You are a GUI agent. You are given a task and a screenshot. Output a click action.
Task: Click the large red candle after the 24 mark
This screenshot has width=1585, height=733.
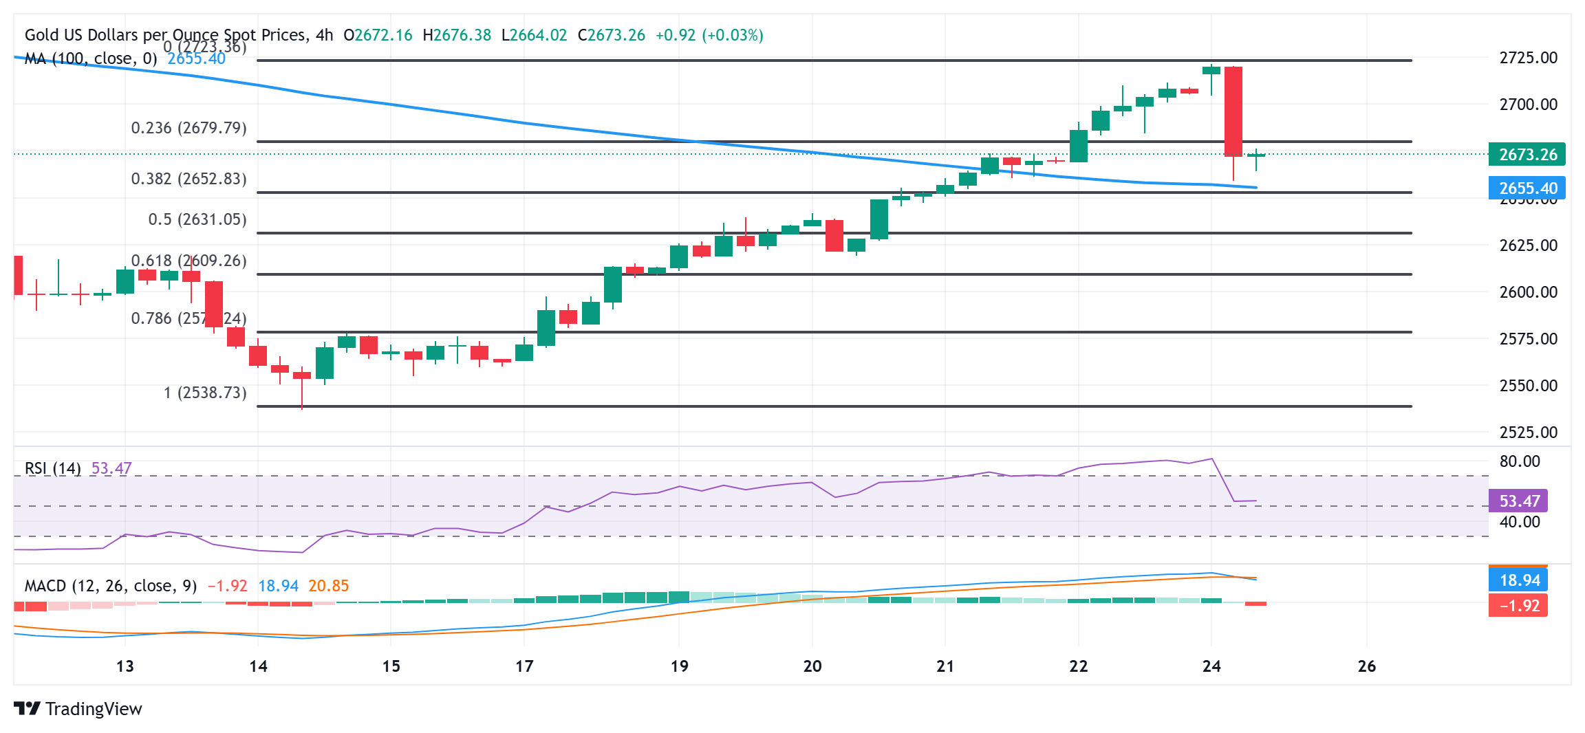pyautogui.click(x=1233, y=111)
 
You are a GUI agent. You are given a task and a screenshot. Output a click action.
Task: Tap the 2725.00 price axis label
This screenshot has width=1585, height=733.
pyautogui.click(x=1528, y=58)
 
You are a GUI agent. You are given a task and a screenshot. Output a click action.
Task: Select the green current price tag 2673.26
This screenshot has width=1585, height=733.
pyautogui.click(x=1527, y=154)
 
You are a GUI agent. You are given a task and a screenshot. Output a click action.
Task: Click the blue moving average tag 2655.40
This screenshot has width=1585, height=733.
pyautogui.click(x=1527, y=188)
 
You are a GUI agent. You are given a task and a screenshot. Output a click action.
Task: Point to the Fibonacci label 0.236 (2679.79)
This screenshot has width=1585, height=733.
pyautogui.click(x=188, y=128)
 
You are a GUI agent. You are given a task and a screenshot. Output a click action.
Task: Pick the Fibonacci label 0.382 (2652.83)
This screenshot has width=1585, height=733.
pyautogui.click(x=188, y=179)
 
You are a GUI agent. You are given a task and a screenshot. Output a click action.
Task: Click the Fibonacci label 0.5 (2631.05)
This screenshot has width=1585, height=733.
pyautogui.click(x=197, y=219)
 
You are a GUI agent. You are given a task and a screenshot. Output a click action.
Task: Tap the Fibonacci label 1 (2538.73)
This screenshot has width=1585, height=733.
pyautogui.click(x=204, y=393)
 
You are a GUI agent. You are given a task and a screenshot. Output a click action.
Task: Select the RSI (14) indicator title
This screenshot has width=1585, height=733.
pyautogui.click(x=52, y=468)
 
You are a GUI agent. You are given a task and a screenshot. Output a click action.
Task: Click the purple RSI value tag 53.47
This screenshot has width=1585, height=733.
pyautogui.click(x=1518, y=501)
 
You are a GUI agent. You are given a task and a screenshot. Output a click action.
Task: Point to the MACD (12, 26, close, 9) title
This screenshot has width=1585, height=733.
pyautogui.click(x=110, y=586)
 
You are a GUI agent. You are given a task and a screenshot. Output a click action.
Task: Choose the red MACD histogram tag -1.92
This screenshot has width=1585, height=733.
pyautogui.click(x=1518, y=606)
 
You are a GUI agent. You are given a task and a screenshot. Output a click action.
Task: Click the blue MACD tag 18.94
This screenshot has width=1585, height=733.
pyautogui.click(x=1518, y=580)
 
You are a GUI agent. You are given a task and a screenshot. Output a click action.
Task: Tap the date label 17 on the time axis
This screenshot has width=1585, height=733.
pyautogui.click(x=524, y=666)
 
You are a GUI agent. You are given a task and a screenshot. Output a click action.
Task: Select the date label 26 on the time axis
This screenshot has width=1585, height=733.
pyautogui.click(x=1367, y=666)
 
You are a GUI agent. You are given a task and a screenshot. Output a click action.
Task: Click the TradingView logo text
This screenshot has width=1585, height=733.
pyautogui.click(x=93, y=709)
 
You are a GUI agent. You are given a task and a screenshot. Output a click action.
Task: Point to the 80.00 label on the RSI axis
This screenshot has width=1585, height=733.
pyautogui.click(x=1520, y=461)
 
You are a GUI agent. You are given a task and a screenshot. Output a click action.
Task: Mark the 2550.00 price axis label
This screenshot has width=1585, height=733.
pyautogui.click(x=1528, y=386)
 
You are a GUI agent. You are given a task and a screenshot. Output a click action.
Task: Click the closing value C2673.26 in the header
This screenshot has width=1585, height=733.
pyautogui.click(x=611, y=35)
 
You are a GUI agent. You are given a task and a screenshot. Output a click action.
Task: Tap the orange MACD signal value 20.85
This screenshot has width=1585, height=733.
pyautogui.click(x=328, y=586)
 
